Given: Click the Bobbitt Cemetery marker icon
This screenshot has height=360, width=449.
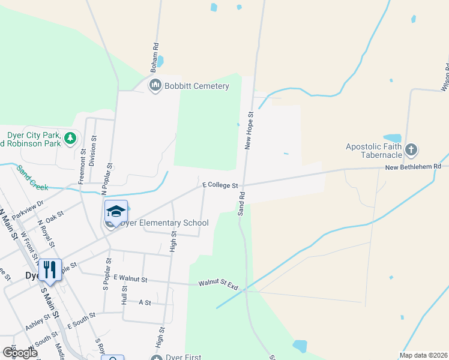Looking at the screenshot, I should tap(155, 86).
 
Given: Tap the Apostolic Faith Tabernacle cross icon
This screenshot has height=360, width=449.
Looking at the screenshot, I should tap(411, 149).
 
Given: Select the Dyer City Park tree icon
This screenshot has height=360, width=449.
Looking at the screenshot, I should tap(71, 139).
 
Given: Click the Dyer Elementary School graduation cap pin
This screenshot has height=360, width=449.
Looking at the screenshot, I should tap(116, 211).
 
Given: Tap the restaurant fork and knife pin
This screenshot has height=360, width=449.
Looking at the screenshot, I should tap(50, 270).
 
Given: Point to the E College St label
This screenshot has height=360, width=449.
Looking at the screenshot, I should tap(220, 185).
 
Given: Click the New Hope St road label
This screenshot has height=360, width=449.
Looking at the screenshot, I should tap(249, 130).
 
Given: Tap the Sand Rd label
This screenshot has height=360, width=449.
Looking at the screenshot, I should tap(241, 205).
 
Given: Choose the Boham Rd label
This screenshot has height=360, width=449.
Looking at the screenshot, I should tap(155, 54).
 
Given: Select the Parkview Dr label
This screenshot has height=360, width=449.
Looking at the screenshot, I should tap(28, 208).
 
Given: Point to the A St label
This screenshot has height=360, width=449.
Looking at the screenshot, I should tap(145, 303).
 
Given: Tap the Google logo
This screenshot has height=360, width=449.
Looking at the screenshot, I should tap(19, 352).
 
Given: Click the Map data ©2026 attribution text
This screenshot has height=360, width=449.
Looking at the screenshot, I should tap(423, 355).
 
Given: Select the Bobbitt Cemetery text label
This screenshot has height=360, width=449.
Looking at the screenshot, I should tap(197, 86).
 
